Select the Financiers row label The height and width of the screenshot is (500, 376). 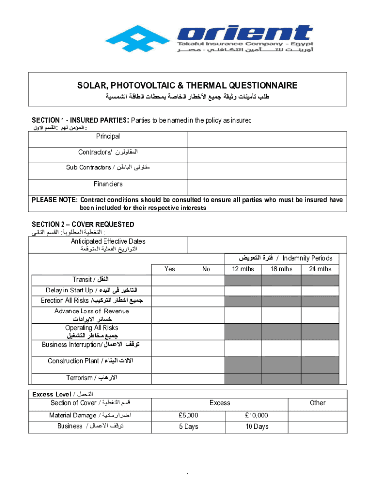point(108,184)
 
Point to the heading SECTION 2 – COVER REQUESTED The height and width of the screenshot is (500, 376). point(83,224)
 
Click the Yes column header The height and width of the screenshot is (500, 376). point(170,269)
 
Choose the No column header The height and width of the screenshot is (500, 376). point(206,269)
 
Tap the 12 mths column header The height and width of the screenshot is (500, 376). point(243,269)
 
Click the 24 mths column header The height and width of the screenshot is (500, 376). point(320,269)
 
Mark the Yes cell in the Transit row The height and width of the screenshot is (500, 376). point(170,280)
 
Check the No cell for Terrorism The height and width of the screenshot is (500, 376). point(206,378)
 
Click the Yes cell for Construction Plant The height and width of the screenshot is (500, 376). point(170,362)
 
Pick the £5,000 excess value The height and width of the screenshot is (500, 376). point(188,416)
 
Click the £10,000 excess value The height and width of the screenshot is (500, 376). point(256,416)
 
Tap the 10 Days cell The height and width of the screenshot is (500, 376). point(256,427)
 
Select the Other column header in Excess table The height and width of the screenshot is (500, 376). point(317,403)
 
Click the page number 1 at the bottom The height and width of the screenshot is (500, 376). point(188,475)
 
